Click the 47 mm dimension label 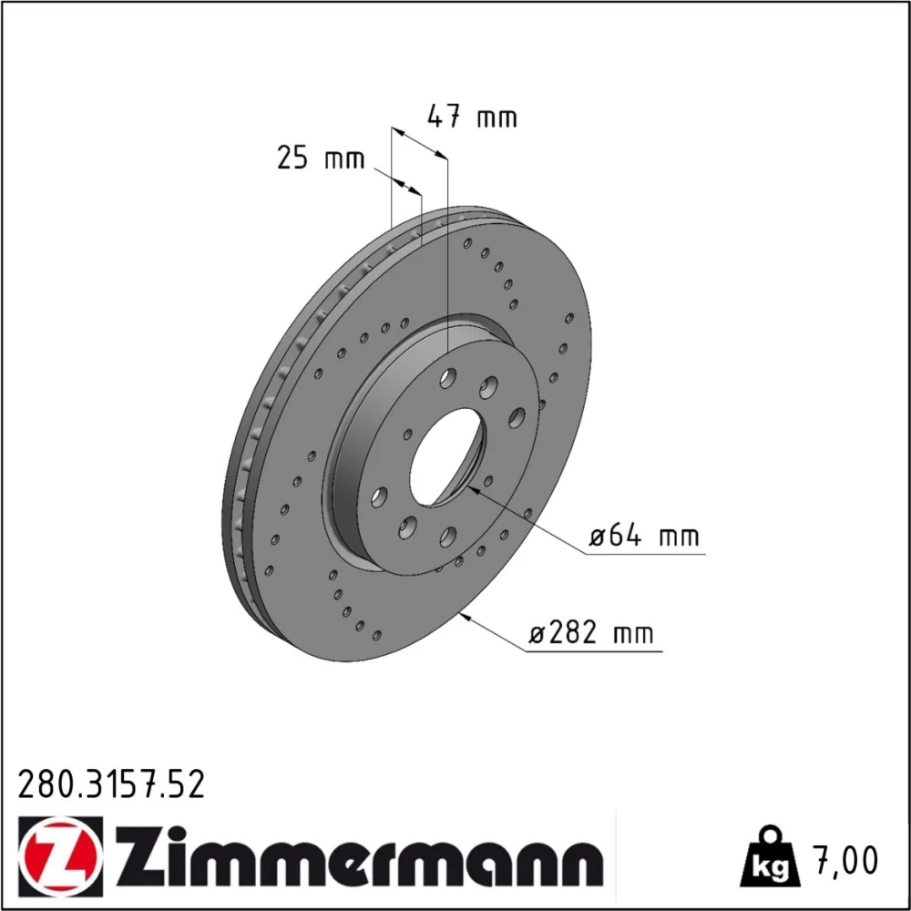click(x=472, y=117)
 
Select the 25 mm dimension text click(x=321, y=158)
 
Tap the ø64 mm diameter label click(x=644, y=535)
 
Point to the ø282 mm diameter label click(x=591, y=633)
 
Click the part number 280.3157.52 click(x=111, y=784)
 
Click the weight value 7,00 click(x=847, y=861)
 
